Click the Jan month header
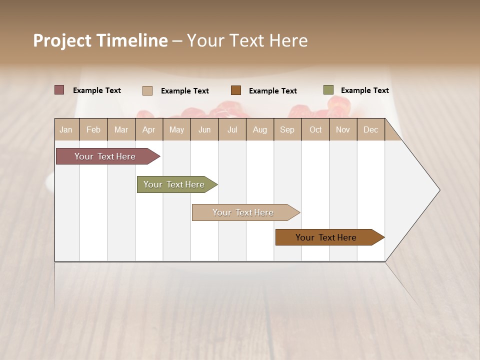click(66, 130)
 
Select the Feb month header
click(93, 130)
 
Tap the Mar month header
click(121, 130)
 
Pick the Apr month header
click(148, 130)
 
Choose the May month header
click(176, 130)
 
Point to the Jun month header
click(204, 130)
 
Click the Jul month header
click(232, 130)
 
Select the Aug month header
click(259, 130)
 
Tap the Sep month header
click(287, 130)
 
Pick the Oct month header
click(315, 130)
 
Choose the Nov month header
click(343, 130)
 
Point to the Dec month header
click(370, 130)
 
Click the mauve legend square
click(59, 90)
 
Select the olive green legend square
click(328, 90)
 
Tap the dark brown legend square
click(236, 90)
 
